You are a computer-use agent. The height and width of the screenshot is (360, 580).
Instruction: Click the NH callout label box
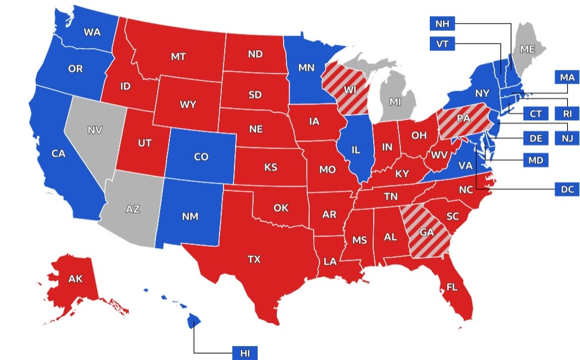pos(443,24)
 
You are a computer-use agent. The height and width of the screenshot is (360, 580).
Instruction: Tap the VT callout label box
pos(443,43)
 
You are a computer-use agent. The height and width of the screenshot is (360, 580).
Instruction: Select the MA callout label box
pos(567,76)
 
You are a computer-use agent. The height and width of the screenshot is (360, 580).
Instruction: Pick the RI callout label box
pos(567,114)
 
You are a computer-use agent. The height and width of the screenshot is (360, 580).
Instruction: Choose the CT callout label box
pos(536,114)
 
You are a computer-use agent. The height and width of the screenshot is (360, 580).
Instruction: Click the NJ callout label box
pos(567,138)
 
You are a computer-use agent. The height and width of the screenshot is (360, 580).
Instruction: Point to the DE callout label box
pos(536,138)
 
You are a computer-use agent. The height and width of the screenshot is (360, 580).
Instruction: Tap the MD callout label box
pos(536,160)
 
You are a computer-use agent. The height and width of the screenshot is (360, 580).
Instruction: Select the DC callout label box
pos(567,189)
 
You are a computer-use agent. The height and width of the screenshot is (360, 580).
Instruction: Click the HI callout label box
pos(244,352)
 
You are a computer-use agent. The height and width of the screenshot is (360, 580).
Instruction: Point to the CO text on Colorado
pos(201,157)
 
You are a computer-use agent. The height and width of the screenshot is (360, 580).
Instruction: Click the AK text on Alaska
pos(76,279)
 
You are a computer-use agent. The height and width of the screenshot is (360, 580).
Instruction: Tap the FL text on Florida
pos(452,286)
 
